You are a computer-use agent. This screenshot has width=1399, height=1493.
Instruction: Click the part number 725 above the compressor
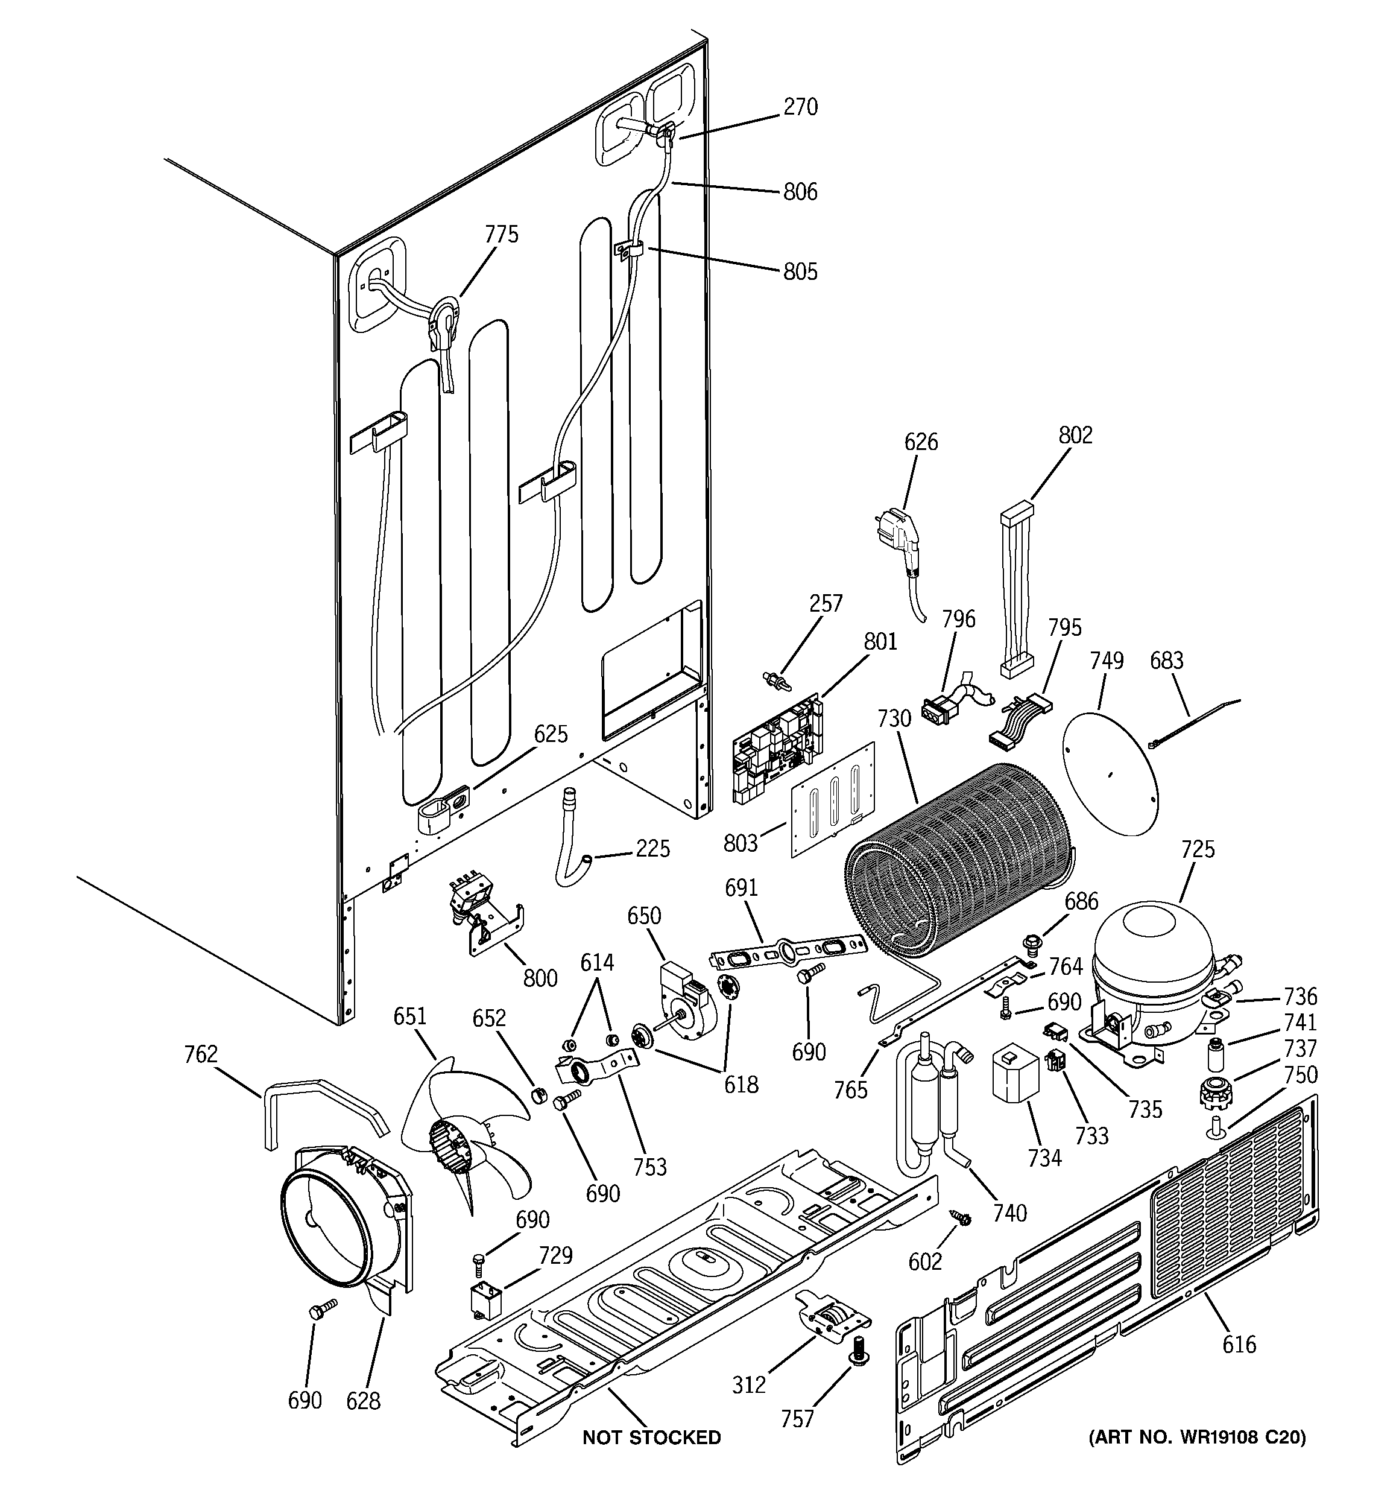[1197, 849]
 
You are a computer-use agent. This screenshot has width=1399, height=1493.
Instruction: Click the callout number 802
[1075, 436]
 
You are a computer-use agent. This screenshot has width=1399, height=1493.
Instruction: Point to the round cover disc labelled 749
[1111, 773]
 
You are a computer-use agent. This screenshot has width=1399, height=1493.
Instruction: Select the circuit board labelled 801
[777, 744]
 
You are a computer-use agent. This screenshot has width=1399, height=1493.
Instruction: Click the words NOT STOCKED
[651, 1438]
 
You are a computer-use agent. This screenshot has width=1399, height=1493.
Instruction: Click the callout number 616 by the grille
[1239, 1344]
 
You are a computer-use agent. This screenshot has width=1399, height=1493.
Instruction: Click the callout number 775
[501, 235]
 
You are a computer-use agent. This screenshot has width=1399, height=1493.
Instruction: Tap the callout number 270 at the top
[800, 107]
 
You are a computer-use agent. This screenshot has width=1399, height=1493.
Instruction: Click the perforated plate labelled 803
[833, 800]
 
